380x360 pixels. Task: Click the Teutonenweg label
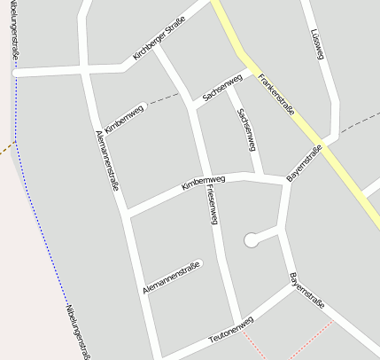point(230,331)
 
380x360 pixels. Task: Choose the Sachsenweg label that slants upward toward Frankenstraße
point(221,87)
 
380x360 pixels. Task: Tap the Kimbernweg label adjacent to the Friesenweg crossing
point(203,183)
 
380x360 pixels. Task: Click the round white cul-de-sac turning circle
point(252,239)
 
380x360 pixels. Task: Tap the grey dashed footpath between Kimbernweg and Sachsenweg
point(164,100)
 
